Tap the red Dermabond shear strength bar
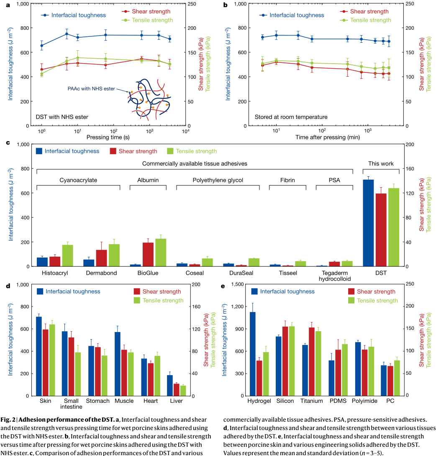coord(102,258)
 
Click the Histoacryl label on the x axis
coord(54,273)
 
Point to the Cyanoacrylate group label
coord(78,180)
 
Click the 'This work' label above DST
coord(381,163)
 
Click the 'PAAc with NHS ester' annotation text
coord(92,89)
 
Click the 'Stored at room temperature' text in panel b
coord(291,117)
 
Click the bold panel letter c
coord(8,143)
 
